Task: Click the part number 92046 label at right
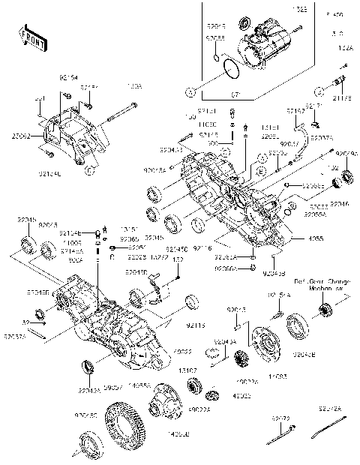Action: pyautogui.click(x=339, y=202)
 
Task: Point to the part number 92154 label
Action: pyautogui.click(x=69, y=76)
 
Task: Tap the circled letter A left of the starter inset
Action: pyautogui.click(x=190, y=92)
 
